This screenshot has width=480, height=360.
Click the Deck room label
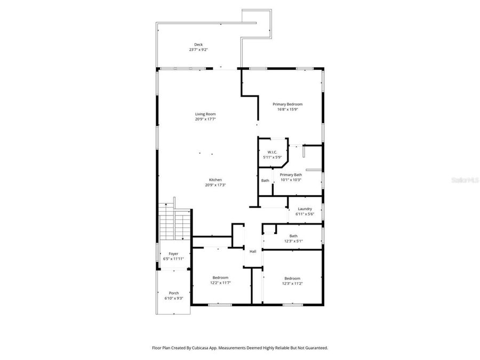[x=198, y=45]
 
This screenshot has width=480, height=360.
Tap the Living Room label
[x=205, y=114]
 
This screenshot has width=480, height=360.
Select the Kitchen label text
[x=215, y=180]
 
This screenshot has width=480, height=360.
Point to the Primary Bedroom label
[x=287, y=104]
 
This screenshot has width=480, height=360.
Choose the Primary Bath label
[x=291, y=175]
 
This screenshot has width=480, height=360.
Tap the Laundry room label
[x=305, y=209]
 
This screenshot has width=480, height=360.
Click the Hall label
[x=253, y=251]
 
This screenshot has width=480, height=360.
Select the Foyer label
[x=173, y=254]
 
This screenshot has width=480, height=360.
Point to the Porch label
[x=174, y=293]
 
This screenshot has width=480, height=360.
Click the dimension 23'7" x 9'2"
[x=198, y=50]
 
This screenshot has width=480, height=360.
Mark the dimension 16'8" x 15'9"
[x=287, y=109]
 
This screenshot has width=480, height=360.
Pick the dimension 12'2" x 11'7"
[x=221, y=283]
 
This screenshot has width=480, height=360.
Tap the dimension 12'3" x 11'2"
[x=292, y=283]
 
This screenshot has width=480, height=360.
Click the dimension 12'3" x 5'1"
[x=293, y=241]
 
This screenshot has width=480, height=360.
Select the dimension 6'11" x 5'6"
[x=305, y=214]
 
